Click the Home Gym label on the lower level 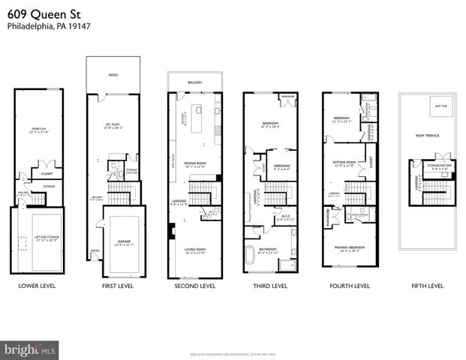click(x=37, y=129)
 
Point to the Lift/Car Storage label click(x=36, y=237)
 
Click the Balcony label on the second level click(x=195, y=82)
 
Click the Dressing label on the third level click(x=282, y=167)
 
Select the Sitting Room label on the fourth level click(x=344, y=162)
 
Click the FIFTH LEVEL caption click(x=428, y=286)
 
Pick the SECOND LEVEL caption click(x=195, y=286)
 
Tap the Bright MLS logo click(x=30, y=349)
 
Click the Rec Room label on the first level click(x=113, y=124)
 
